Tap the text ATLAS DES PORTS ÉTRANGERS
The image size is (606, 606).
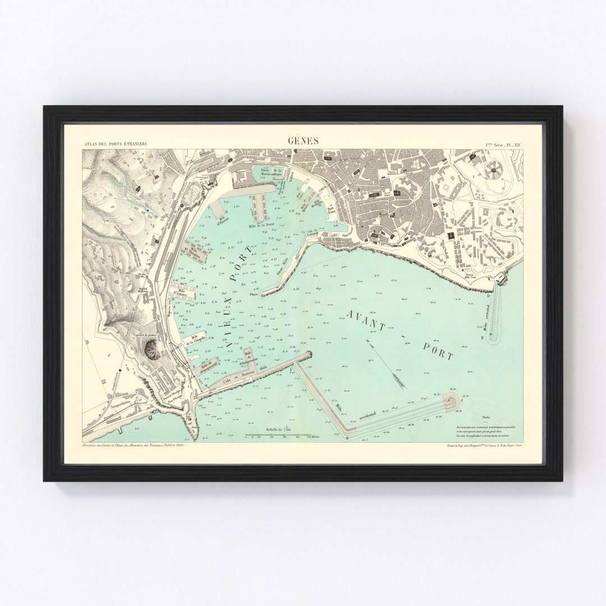[116, 144]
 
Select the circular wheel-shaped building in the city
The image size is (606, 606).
[494, 167]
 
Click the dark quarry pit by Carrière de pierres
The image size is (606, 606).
[152, 349]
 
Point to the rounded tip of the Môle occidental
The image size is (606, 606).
[451, 400]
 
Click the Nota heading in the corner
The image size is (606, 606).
[486, 417]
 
